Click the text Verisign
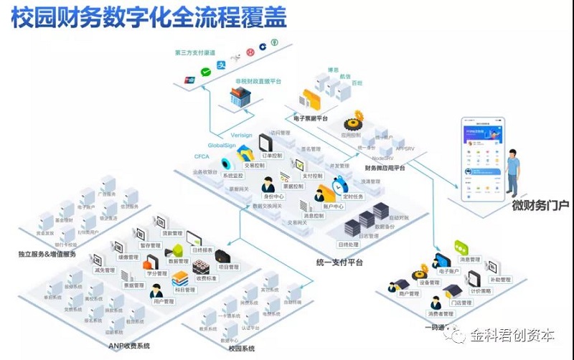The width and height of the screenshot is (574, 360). [x=241, y=135]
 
